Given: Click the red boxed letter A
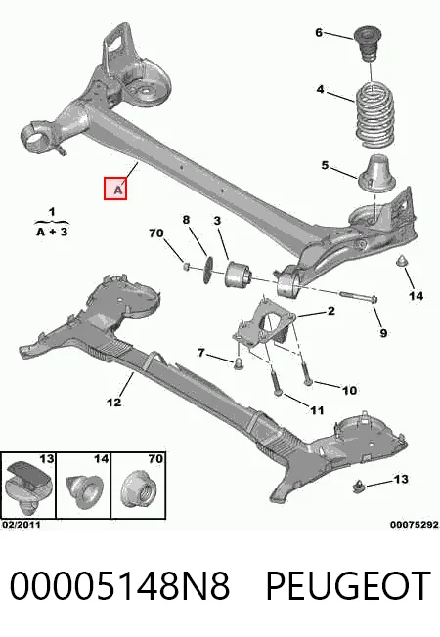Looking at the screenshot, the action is coord(115,189).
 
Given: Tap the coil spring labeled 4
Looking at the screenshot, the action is coord(375,115).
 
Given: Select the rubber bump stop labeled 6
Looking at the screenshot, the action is coord(368,44).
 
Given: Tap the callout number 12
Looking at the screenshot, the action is coord(113,403).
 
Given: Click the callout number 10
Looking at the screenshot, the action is coord(349,391).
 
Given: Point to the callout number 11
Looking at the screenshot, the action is coord(317,410).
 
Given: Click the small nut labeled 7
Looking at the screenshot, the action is coord(239,362).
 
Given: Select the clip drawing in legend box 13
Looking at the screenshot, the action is coord(28,488).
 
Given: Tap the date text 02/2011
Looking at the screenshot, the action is coord(22,525).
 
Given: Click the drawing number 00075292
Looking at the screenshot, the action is coord(415,525).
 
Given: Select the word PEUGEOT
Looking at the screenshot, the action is coord(348,586).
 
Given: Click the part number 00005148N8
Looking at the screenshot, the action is coord(119,586).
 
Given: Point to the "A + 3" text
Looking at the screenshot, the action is coord(52,232).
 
